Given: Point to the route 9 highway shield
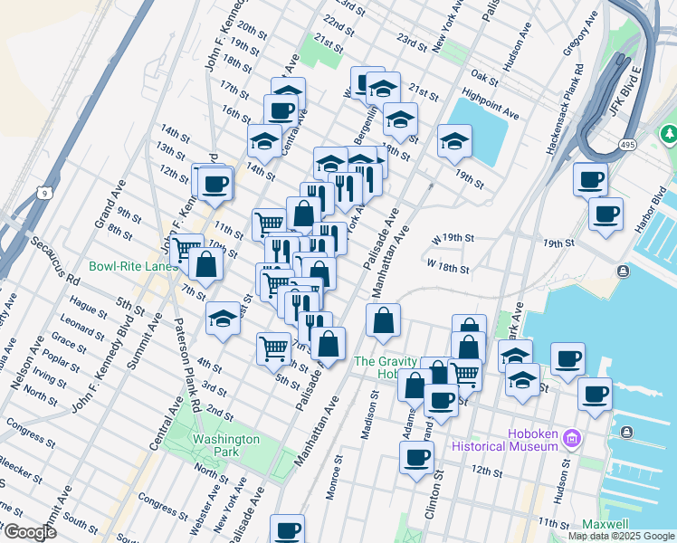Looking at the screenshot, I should [42, 192].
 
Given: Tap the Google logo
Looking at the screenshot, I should [29, 532].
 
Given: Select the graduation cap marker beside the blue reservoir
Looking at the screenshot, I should [454, 139].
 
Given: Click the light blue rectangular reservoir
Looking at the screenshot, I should [481, 131].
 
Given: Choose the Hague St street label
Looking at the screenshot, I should [88, 306].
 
